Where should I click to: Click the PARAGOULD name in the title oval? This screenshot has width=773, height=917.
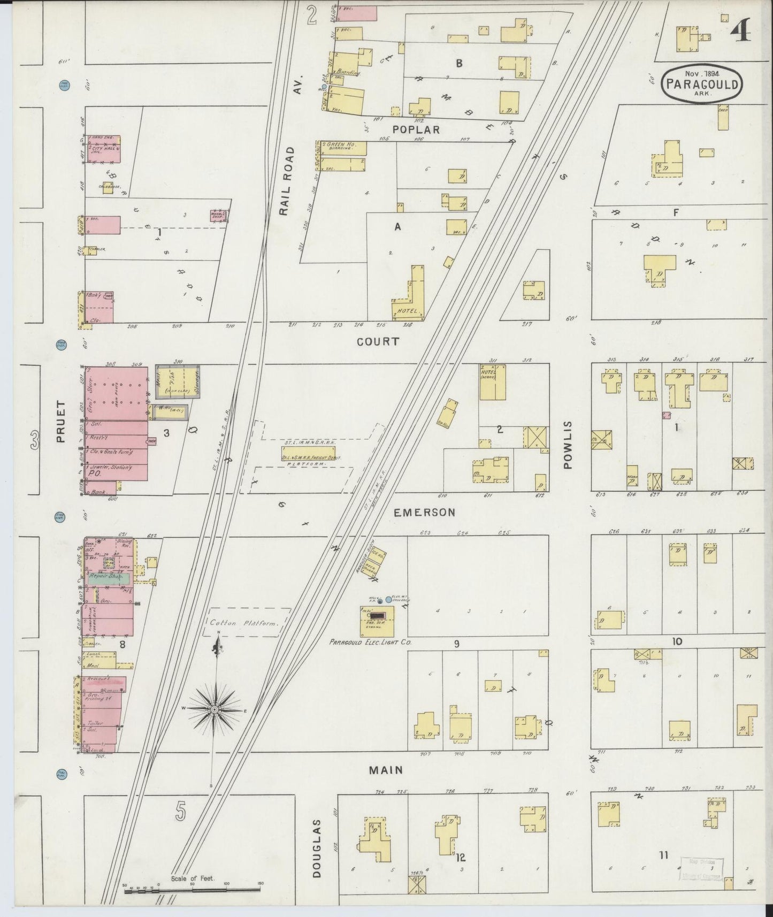[702, 84]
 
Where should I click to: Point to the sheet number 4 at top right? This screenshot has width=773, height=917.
[741, 29]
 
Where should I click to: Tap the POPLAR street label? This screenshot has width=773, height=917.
[416, 129]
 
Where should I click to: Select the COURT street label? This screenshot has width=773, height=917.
[378, 341]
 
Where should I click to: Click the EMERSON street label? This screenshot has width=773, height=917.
[424, 512]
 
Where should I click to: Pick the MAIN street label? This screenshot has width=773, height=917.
[385, 770]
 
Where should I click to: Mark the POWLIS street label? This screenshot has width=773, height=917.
[568, 445]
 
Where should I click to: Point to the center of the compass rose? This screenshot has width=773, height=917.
[215, 709]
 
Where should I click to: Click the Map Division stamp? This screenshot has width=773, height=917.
[701, 869]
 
